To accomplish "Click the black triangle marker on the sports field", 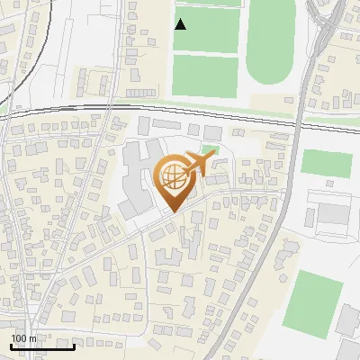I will [x=181, y=24].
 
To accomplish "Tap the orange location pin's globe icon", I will [x=173, y=175].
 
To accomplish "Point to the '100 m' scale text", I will [x=25, y=338].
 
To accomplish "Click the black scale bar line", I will [x=42, y=346].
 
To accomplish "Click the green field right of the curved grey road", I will [x=326, y=164].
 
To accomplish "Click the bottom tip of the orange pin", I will [x=173, y=211].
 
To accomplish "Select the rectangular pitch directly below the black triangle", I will [x=206, y=72].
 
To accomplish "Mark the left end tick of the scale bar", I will [x=11, y=346].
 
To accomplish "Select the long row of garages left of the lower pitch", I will [x=147, y=93].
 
